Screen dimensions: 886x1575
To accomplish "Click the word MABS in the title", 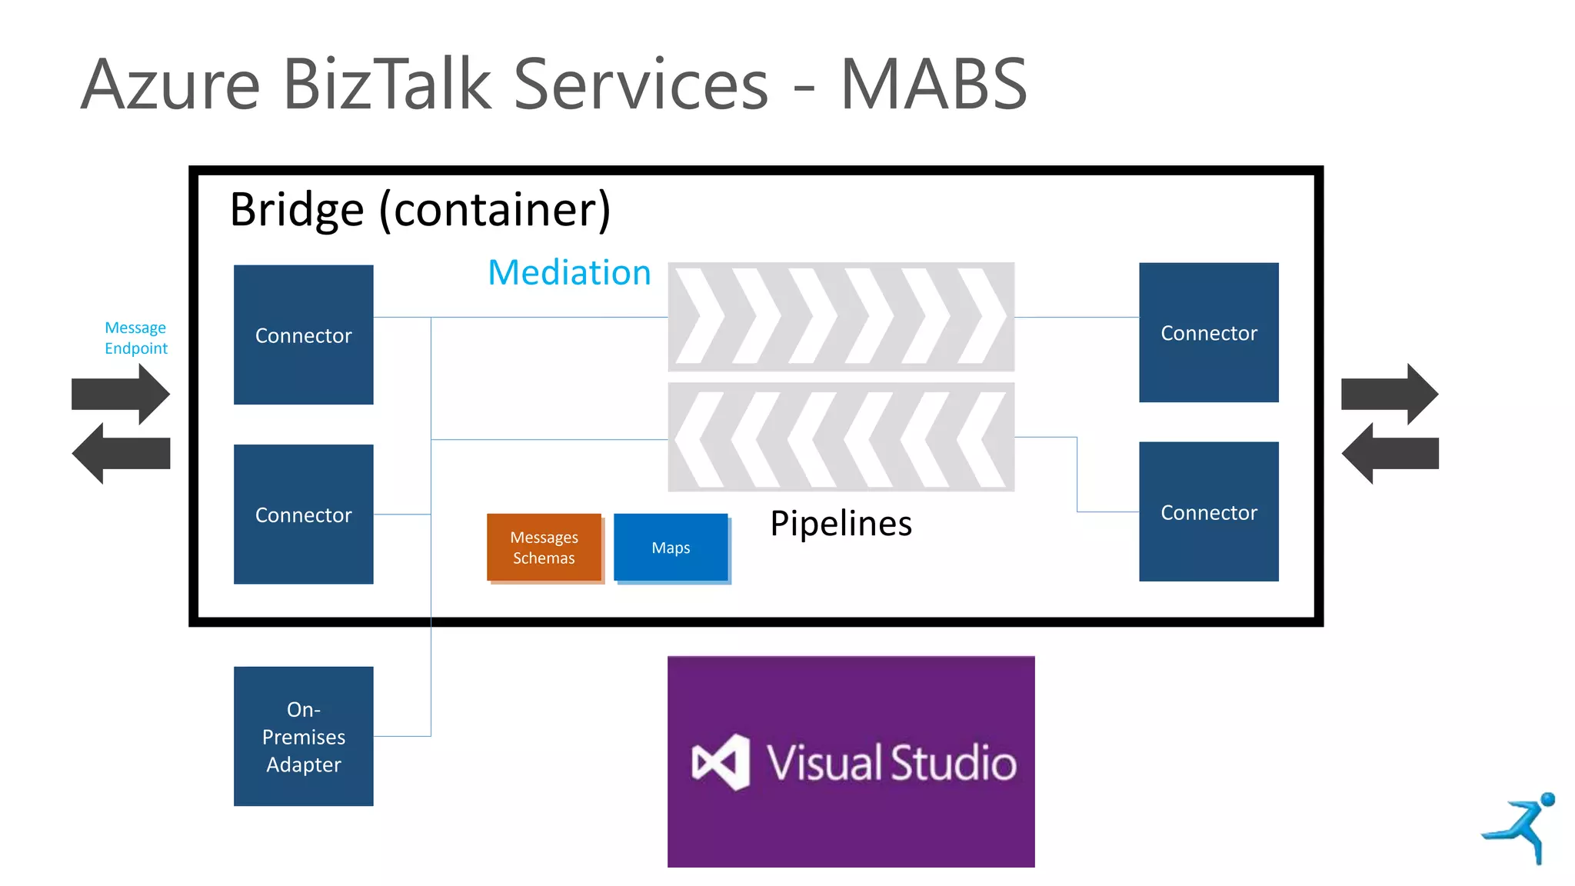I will (x=933, y=85).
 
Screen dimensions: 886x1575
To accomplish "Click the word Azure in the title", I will (x=171, y=85).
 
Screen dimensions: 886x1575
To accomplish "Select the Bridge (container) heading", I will (x=420, y=209).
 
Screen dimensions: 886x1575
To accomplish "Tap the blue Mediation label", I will (x=569, y=273).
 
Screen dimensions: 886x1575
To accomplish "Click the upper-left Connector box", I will (x=303, y=335).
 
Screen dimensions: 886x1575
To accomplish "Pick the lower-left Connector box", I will (x=303, y=514).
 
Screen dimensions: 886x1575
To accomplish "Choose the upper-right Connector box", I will (x=1208, y=332).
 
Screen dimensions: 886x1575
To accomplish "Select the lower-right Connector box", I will (x=1208, y=511).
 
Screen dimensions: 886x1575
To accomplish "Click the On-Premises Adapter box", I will (x=303, y=736).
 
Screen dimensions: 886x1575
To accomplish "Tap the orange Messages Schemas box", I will (x=544, y=548).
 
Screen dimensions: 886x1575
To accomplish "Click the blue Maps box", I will (x=671, y=548).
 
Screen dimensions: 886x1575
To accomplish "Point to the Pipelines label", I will (x=841, y=524).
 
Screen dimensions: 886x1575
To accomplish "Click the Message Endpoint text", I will (x=136, y=338).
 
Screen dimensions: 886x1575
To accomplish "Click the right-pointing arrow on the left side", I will (x=122, y=394).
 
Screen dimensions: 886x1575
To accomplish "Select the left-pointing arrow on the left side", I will (x=120, y=453).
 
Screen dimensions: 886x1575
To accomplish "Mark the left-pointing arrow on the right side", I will (x=1389, y=453).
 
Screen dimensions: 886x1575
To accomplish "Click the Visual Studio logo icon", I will (x=721, y=762).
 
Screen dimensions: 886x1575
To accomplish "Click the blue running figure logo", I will (x=1521, y=828).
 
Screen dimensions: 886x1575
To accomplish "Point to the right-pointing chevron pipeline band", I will (x=841, y=317).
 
